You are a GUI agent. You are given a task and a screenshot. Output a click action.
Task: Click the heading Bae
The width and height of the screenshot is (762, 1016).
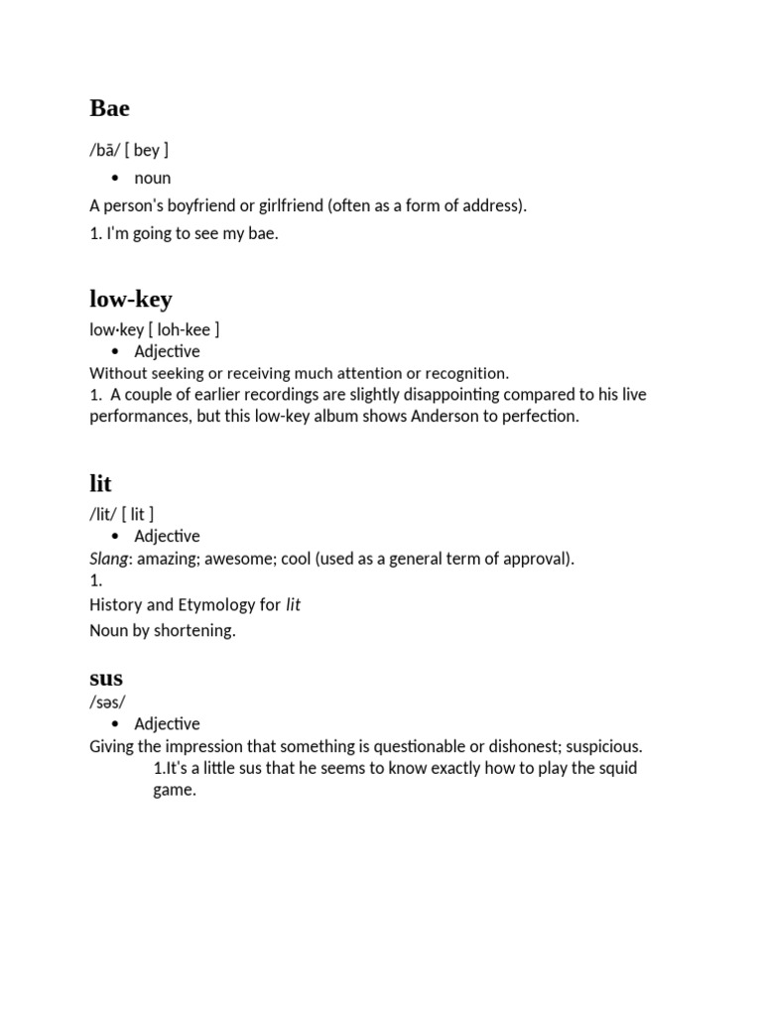(x=109, y=108)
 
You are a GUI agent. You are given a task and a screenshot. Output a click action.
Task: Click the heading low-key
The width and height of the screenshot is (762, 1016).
(x=130, y=299)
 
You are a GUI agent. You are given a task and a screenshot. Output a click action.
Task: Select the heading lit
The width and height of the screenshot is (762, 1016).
(x=100, y=484)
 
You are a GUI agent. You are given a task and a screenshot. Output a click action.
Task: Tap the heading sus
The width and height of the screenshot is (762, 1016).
(x=106, y=679)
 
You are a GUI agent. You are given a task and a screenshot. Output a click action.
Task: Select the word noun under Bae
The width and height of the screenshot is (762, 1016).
(x=153, y=179)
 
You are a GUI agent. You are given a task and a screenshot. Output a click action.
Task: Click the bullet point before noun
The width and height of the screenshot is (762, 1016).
(x=115, y=179)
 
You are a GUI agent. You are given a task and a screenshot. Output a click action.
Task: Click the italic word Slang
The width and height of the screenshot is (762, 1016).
(x=109, y=559)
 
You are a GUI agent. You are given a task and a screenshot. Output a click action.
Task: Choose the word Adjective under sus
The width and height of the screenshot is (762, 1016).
(x=167, y=724)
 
